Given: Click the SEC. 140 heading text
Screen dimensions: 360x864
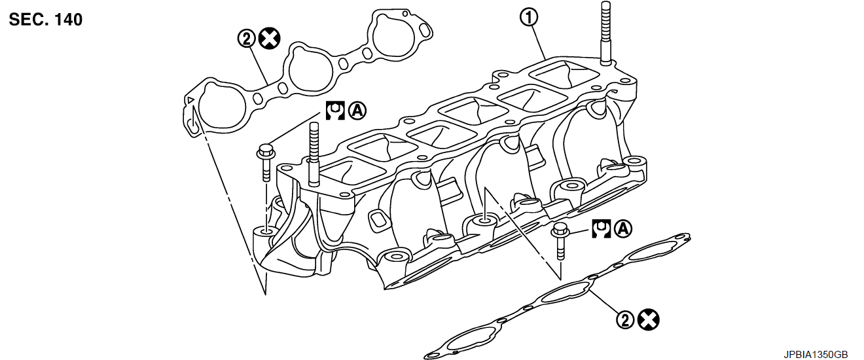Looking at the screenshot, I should [x=46, y=20].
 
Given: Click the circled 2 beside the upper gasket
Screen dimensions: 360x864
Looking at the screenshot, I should [x=246, y=39].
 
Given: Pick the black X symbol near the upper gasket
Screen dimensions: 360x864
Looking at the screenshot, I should [x=268, y=39].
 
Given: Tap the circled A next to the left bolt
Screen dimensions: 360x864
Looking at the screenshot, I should [x=357, y=110].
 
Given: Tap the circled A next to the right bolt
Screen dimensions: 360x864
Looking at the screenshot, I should [x=624, y=228].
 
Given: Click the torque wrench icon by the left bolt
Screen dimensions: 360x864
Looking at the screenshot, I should [x=335, y=110].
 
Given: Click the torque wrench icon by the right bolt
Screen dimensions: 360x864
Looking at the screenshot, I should [x=602, y=228].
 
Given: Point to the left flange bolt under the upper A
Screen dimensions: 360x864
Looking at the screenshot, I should [x=265, y=160].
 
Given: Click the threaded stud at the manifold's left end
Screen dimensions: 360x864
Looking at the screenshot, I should [x=312, y=151].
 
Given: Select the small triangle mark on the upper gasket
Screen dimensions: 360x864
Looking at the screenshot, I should [x=190, y=99].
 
